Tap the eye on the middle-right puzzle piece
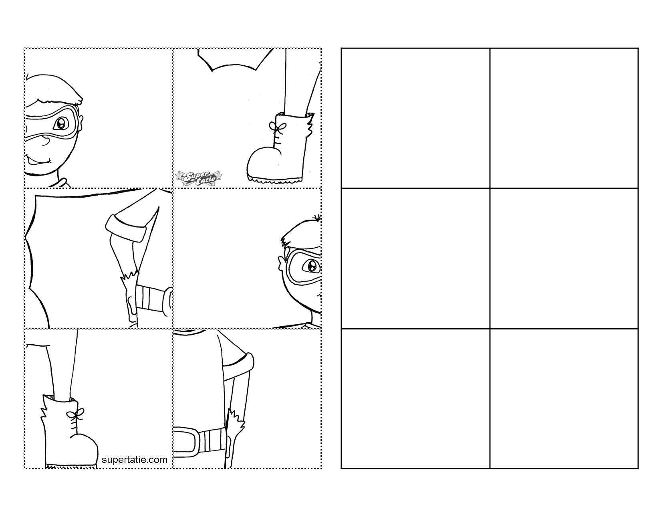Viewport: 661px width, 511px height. [311, 267]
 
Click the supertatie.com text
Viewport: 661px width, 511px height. [135, 460]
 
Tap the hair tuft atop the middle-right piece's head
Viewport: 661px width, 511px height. [316, 218]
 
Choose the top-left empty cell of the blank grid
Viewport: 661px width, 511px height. [415, 118]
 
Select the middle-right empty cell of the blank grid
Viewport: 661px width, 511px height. [564, 259]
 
